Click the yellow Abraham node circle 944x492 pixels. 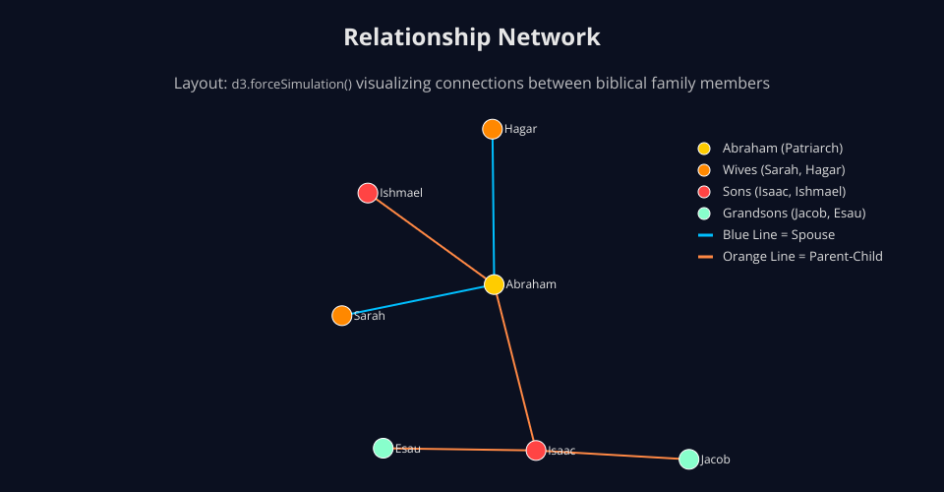coord(494,284)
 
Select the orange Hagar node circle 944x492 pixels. coord(493,129)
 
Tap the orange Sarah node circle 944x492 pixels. coord(341,316)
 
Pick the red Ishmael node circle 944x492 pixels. coord(368,193)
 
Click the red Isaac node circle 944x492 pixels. coord(536,451)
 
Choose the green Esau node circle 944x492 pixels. coord(383,449)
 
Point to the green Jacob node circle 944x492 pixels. coord(689,460)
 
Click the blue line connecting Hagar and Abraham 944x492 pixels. coord(493,207)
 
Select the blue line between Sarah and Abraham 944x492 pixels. coord(418,300)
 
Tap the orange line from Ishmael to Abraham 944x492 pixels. coord(431,238)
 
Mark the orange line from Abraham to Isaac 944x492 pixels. coord(514,367)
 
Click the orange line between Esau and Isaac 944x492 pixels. coord(459,450)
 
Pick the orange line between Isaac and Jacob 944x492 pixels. coord(613,455)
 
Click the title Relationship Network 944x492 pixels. coord(472,37)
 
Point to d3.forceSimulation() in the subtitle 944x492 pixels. coord(292,85)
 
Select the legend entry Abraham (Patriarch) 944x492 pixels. coord(783,149)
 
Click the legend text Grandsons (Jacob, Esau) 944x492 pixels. coord(794,214)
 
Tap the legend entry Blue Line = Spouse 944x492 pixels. coord(778,235)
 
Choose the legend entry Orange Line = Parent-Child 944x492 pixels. coord(802,257)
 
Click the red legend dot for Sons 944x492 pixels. coord(704,192)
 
